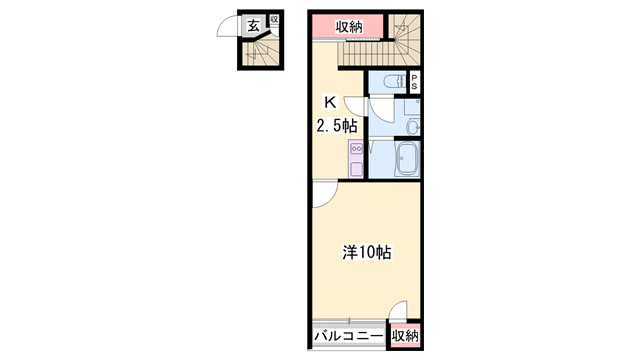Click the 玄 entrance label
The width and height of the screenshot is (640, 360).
coord(254,27)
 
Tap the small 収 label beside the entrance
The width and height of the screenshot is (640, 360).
coord(273,20)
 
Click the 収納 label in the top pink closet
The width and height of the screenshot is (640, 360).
coord(348,27)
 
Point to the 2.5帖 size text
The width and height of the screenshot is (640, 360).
coord(329,126)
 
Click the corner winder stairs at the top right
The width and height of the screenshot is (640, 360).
coord(405,32)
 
